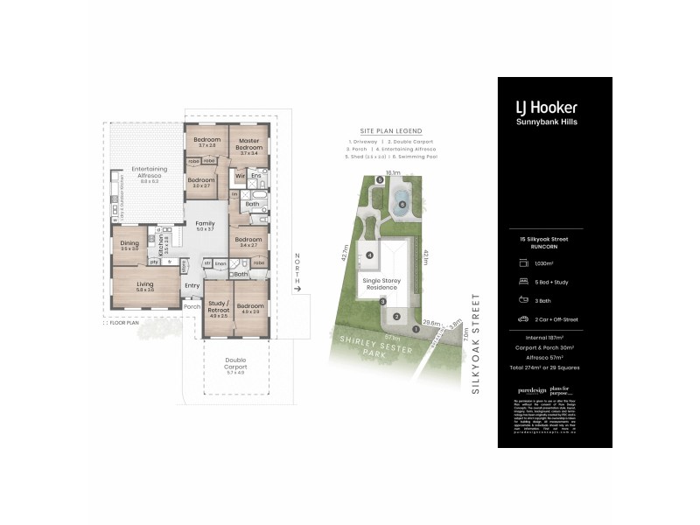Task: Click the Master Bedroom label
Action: (248, 144)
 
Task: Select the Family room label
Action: (205, 226)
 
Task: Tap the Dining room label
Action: (129, 245)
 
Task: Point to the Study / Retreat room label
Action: (218, 307)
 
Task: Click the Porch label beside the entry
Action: (192, 306)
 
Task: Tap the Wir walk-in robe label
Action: (239, 176)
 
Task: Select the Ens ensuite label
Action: (255, 176)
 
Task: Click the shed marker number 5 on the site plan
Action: (380, 180)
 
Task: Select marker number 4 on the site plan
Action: (370, 255)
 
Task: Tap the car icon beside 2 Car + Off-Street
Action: (522, 319)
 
